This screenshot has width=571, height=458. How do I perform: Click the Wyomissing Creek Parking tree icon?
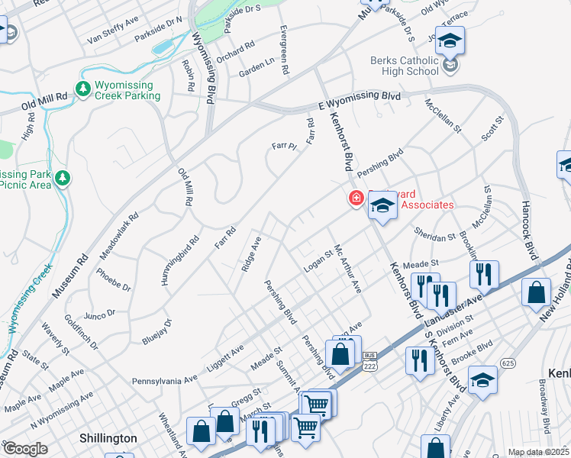click(83, 89)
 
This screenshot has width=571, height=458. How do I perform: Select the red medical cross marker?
click(356, 198)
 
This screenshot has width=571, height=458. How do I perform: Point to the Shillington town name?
click(108, 438)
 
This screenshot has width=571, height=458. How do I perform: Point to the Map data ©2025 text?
click(538, 452)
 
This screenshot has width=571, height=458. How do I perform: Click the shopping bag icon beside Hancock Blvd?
click(537, 292)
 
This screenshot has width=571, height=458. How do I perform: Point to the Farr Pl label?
click(283, 146)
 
